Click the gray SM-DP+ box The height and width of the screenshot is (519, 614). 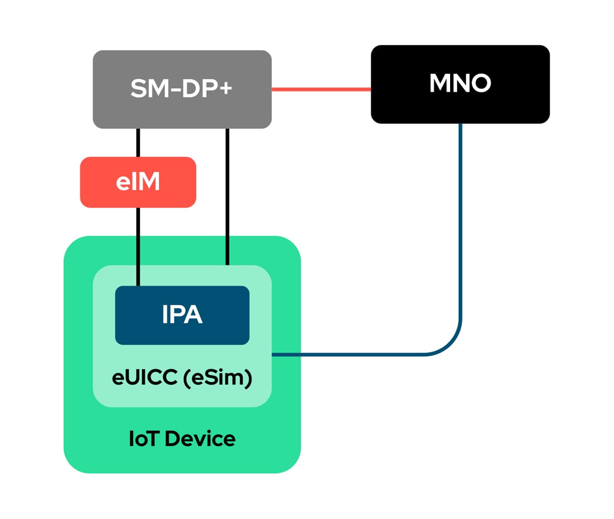(182, 111)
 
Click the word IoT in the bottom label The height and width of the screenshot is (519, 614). (143, 439)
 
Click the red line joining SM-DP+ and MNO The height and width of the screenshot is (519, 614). (321, 89)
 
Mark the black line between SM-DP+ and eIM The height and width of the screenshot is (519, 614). (138, 142)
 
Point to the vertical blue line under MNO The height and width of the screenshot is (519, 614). (460, 213)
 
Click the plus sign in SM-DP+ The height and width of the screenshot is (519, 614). (225, 88)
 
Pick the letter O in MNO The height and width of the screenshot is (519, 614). (479, 83)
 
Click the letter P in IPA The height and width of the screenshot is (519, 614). (179, 314)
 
